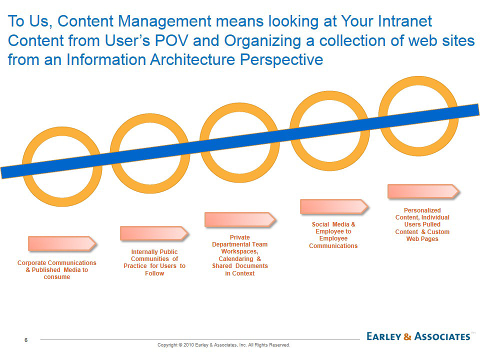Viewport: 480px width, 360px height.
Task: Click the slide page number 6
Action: point(26,340)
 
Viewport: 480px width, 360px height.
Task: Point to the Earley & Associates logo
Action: point(418,336)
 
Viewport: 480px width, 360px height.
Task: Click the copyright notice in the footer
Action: point(224,345)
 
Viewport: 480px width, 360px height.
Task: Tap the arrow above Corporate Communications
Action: point(62,243)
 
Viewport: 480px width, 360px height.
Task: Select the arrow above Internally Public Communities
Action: point(154,233)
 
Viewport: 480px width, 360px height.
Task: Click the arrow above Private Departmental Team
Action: point(240,219)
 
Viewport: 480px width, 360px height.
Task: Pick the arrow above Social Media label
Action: point(334,206)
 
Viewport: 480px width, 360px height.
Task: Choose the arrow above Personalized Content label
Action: point(423,191)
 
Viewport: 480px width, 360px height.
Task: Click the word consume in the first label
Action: point(57,277)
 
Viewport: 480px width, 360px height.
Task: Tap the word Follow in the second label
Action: point(154,273)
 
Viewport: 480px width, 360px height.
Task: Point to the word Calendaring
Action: point(235,259)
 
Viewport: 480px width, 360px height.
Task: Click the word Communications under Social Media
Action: point(333,246)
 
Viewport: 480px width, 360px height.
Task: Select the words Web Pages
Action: point(422,239)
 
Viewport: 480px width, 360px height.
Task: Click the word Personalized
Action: point(422,210)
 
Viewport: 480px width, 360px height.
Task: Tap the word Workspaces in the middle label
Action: point(239,251)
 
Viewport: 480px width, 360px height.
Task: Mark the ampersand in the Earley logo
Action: point(407,336)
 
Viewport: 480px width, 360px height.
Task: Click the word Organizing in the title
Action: point(262,41)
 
